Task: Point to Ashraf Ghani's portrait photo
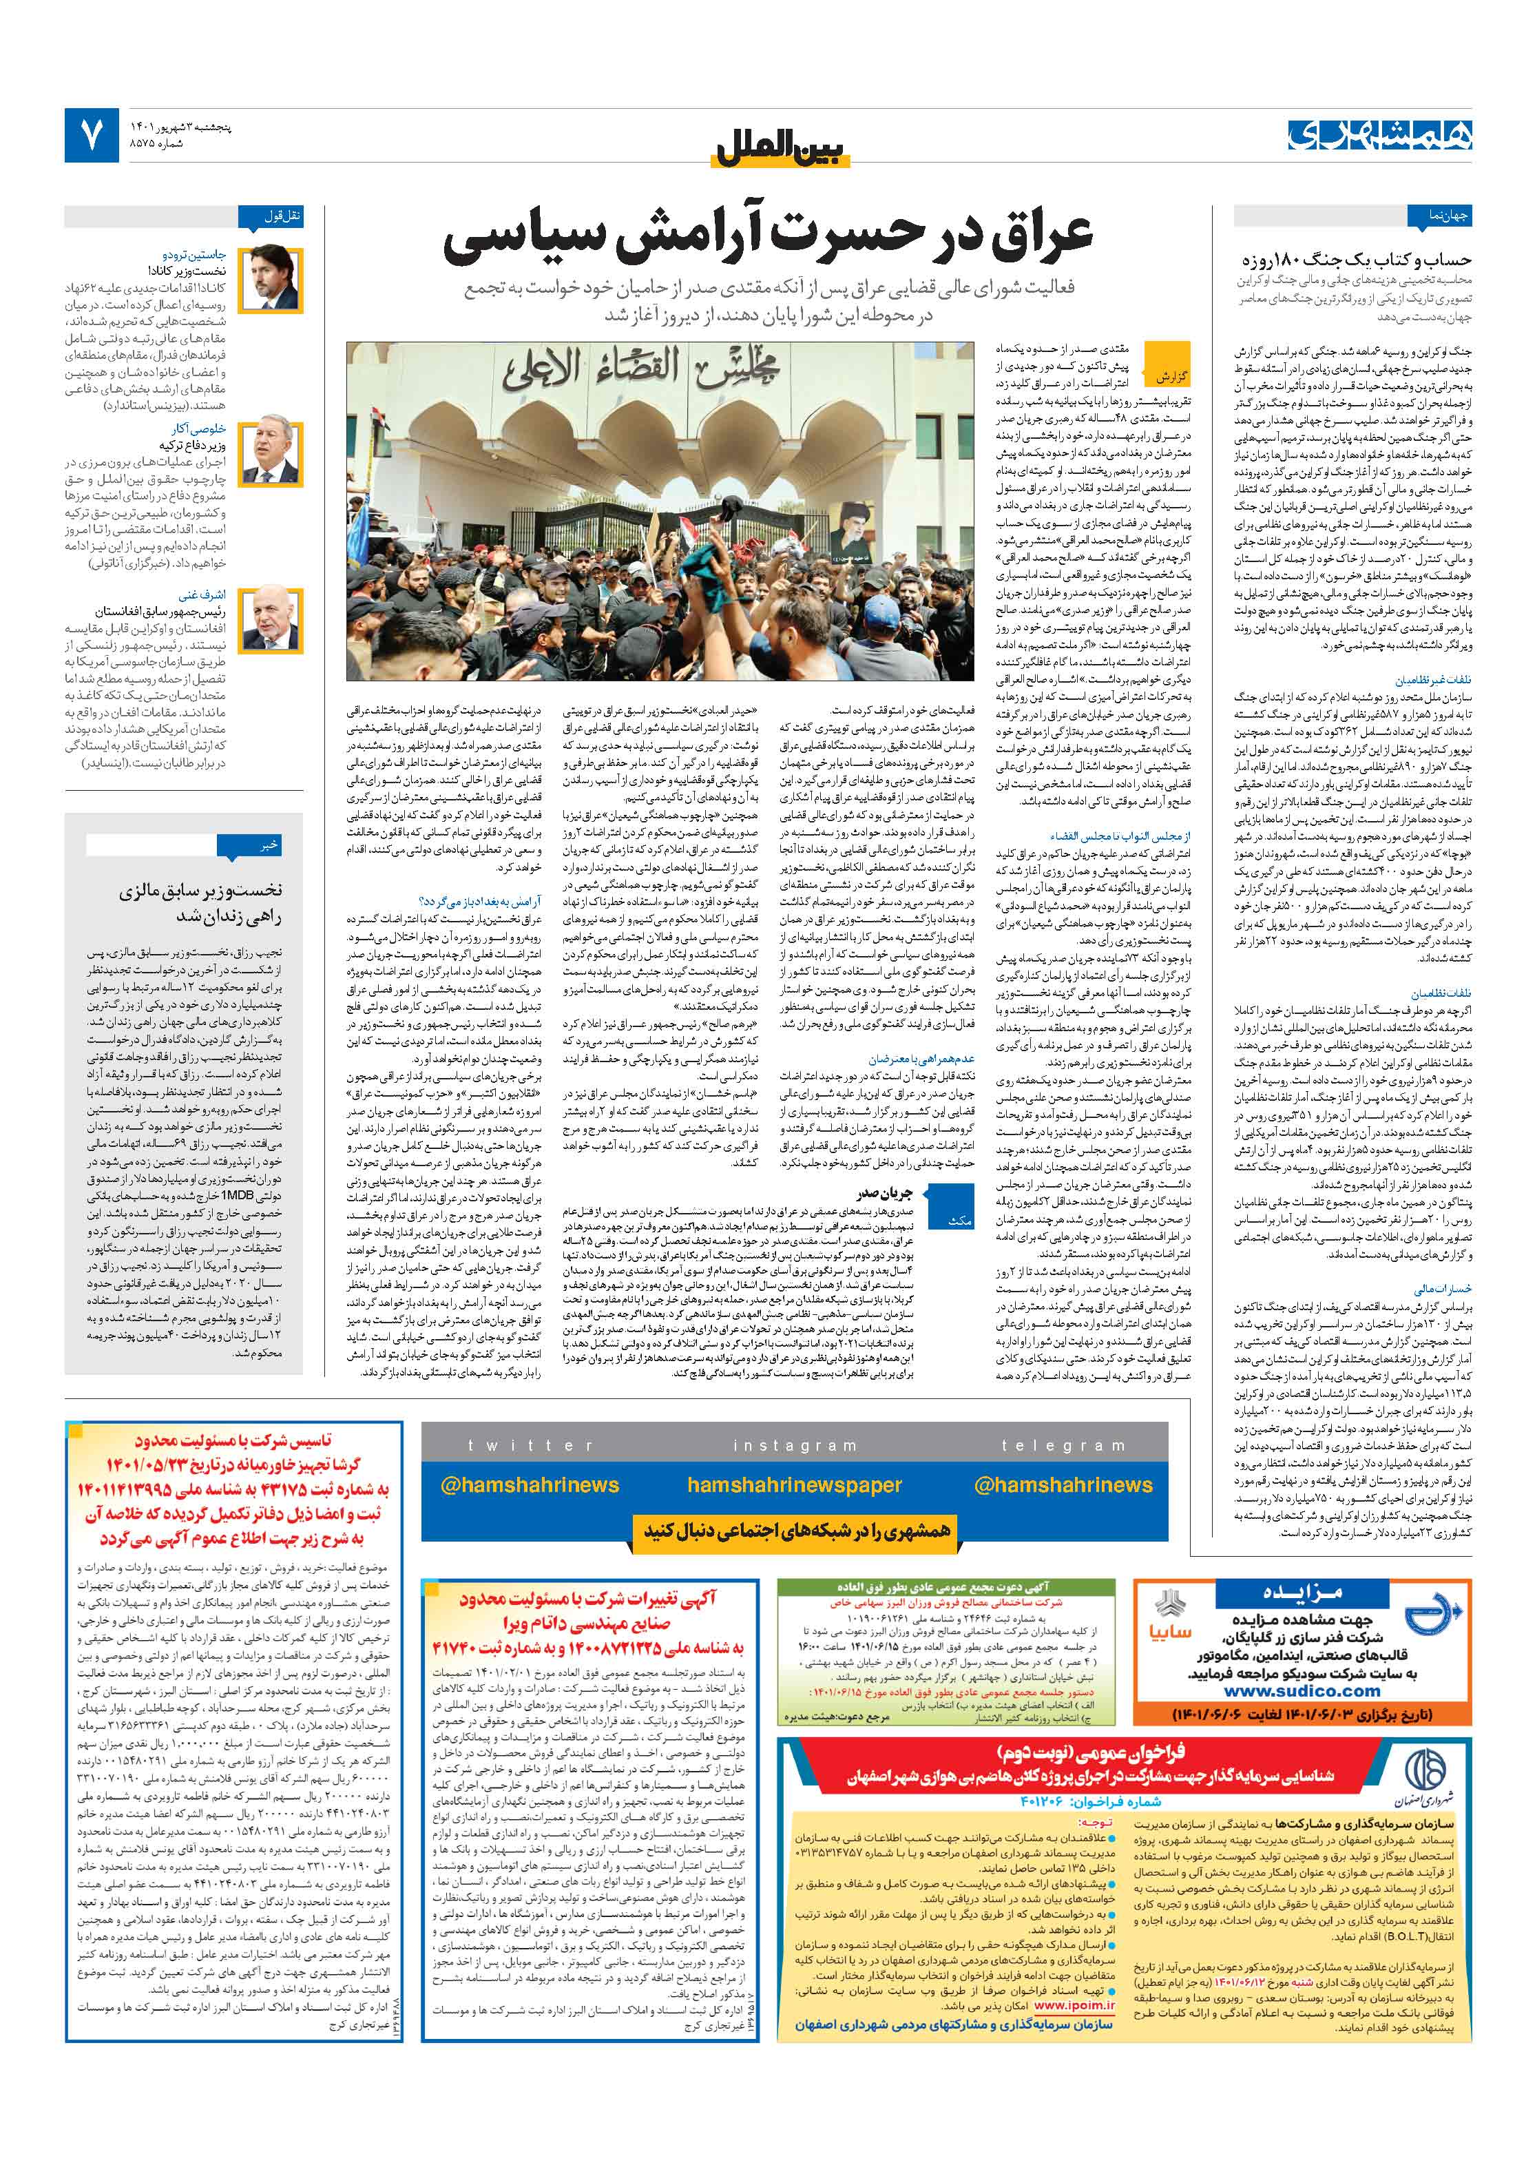[271, 619]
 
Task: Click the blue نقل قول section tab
[283, 216]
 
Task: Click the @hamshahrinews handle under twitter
[529, 1485]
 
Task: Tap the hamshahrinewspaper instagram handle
[794, 1485]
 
